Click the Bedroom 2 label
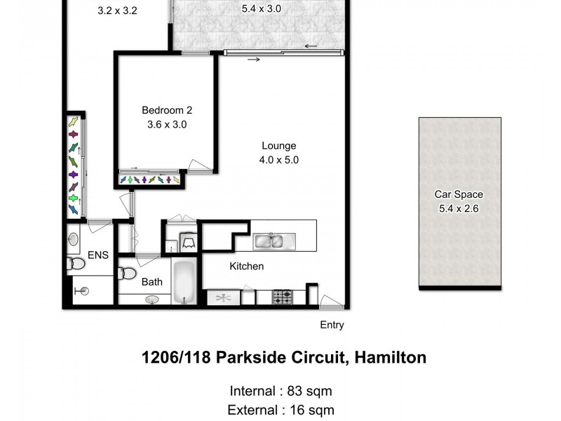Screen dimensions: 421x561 (x=167, y=110)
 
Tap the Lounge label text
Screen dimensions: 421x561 (x=280, y=146)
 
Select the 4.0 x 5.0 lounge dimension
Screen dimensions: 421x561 (x=280, y=160)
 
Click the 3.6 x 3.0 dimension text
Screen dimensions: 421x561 (x=167, y=124)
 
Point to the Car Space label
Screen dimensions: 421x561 (x=459, y=194)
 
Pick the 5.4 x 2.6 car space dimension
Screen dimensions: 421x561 (x=459, y=208)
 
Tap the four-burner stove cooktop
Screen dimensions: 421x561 (x=283, y=297)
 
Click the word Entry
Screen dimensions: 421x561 (x=332, y=325)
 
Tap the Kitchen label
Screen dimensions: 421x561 (x=247, y=267)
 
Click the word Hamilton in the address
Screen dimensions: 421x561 (x=391, y=358)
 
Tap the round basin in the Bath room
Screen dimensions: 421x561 (x=152, y=300)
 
